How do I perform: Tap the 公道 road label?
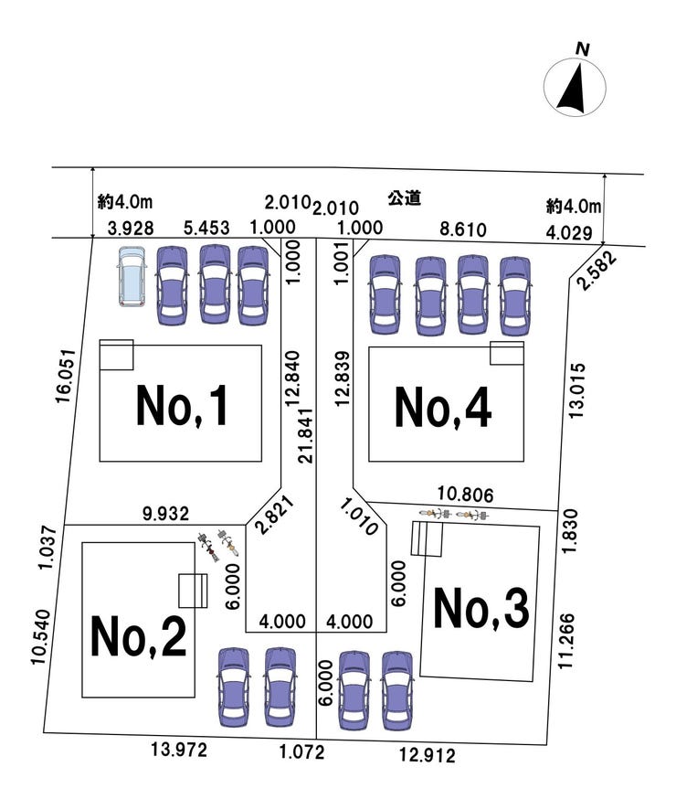click(x=404, y=197)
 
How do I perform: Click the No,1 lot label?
click(x=181, y=406)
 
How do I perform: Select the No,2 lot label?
click(x=138, y=636)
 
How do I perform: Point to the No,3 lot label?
click(x=481, y=607)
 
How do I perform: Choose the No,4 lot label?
click(x=443, y=407)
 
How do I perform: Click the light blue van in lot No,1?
click(x=132, y=277)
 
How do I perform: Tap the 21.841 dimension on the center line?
click(x=306, y=435)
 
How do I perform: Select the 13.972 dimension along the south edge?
click(x=179, y=750)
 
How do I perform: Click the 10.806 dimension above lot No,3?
click(x=465, y=495)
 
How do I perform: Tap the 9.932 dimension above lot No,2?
click(x=166, y=514)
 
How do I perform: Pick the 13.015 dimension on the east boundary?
click(x=576, y=391)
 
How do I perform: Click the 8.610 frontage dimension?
click(x=463, y=229)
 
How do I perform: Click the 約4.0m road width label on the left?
click(x=125, y=202)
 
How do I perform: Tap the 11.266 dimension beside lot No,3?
click(x=566, y=641)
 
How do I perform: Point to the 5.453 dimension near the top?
click(x=206, y=228)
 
